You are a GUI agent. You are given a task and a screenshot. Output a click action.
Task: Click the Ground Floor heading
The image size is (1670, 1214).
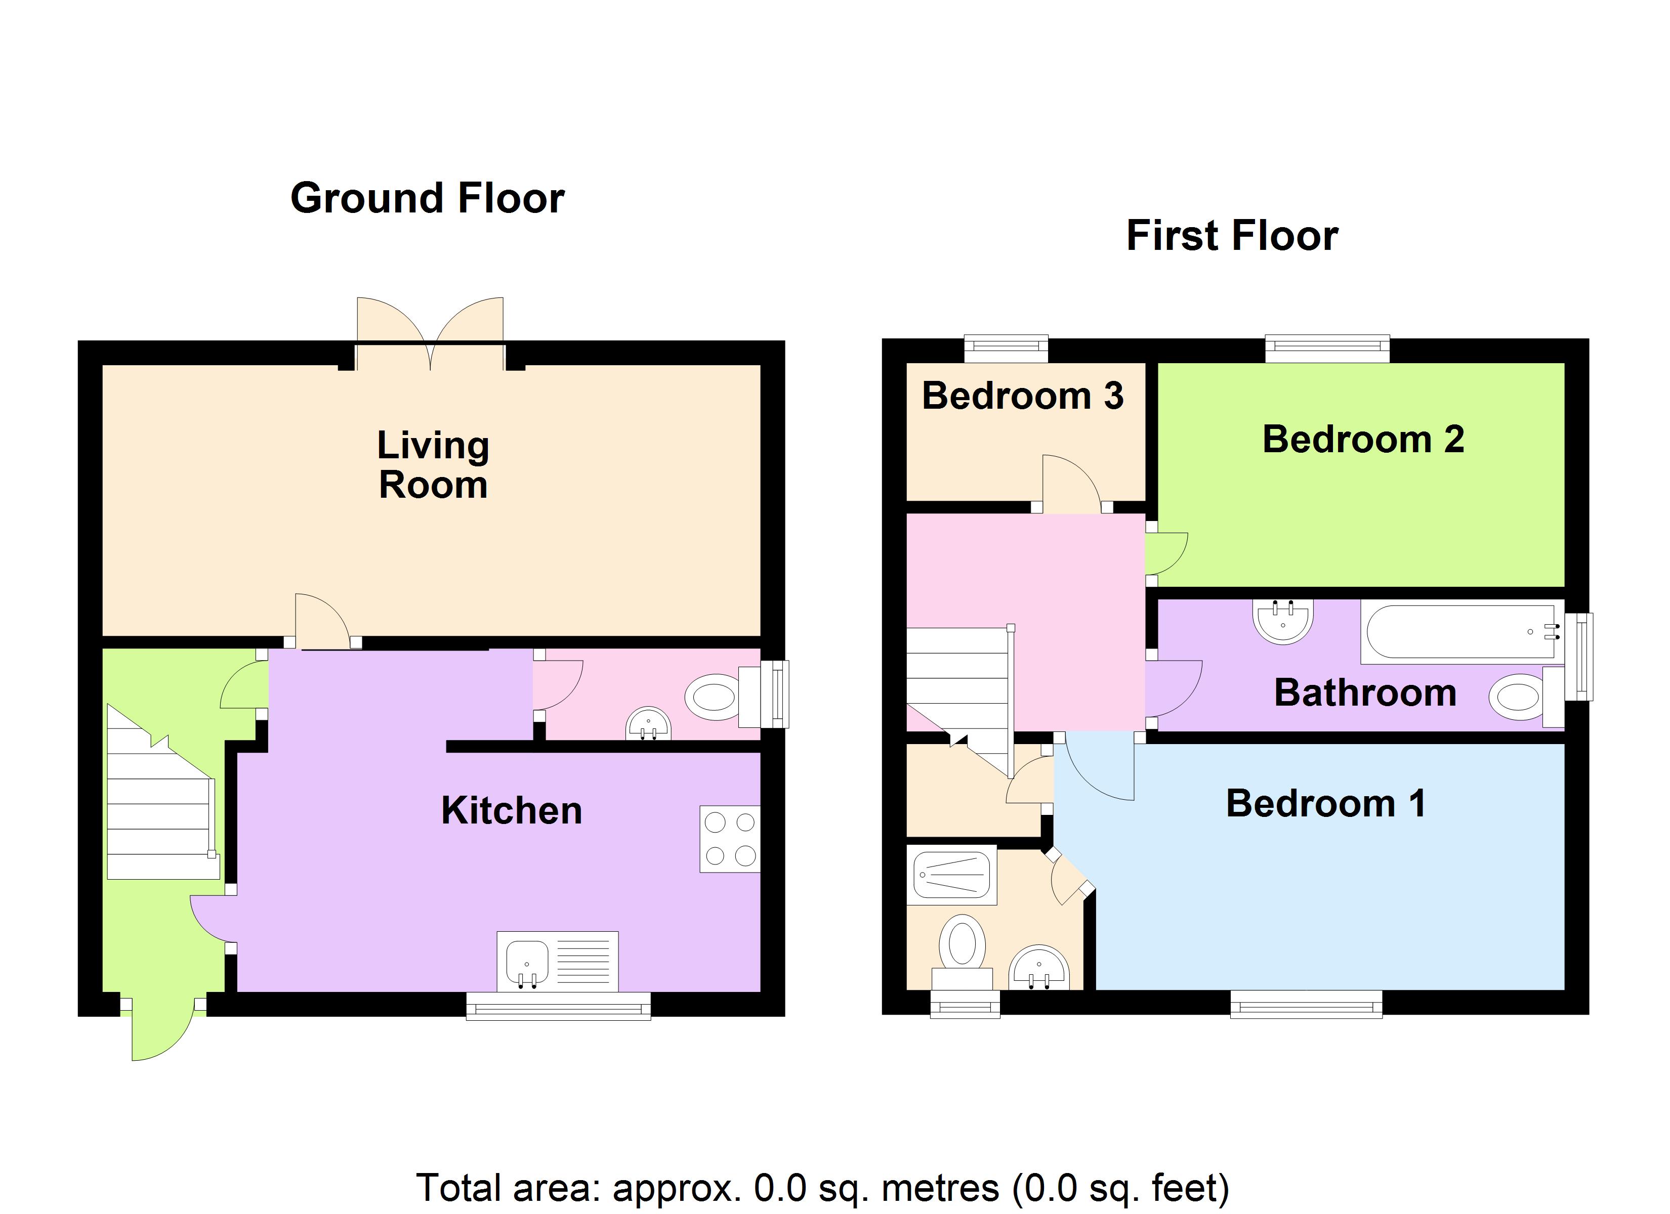[427, 199]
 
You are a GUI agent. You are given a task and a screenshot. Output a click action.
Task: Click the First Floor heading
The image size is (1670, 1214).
[1231, 236]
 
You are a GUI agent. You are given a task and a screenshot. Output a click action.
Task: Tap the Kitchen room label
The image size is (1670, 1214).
[511, 810]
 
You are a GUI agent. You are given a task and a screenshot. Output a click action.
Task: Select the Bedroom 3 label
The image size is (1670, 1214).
[1022, 396]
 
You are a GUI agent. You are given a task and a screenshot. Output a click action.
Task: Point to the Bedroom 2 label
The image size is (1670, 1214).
[1363, 440]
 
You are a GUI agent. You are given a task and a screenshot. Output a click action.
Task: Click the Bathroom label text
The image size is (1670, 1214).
[1364, 693]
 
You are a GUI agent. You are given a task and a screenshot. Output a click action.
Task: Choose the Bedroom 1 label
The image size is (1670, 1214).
[1325, 803]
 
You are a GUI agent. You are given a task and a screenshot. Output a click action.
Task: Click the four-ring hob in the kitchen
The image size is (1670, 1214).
[729, 839]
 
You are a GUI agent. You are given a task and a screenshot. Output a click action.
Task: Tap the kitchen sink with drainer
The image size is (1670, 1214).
[557, 962]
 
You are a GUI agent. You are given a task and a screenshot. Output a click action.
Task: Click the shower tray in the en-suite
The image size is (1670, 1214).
[951, 876]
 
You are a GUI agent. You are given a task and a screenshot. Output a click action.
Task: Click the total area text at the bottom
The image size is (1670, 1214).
[822, 1188]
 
